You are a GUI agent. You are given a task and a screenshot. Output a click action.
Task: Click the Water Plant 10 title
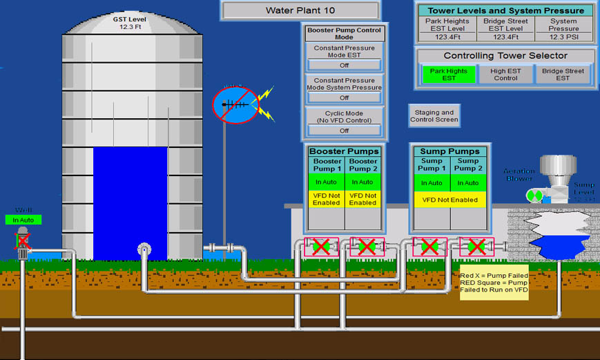300,10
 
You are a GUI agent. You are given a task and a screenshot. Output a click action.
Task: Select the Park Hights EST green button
448,75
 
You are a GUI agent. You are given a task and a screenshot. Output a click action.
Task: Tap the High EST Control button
505,75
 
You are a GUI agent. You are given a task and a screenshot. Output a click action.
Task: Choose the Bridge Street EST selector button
563,75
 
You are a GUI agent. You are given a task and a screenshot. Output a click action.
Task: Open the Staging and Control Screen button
433,116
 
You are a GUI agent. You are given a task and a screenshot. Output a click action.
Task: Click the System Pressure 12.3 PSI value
563,37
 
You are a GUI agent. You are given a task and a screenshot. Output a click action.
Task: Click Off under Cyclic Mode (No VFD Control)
344,131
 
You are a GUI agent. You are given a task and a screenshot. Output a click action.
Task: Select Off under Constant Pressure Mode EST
344,65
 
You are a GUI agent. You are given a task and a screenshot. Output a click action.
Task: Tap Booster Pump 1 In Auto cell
327,182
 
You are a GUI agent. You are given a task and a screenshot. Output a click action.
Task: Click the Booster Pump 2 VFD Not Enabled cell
362,199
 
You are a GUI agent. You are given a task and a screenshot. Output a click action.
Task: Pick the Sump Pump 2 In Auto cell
468,182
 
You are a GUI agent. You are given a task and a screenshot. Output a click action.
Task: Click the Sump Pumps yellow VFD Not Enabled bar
450,200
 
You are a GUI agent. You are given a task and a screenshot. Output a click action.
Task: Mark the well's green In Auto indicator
23,220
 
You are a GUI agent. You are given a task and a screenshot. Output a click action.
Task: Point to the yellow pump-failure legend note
494,283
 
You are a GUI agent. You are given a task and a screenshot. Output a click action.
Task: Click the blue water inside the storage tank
130,200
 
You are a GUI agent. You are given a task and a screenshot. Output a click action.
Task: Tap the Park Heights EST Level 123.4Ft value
447,37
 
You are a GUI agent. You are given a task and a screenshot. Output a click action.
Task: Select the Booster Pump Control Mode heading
344,33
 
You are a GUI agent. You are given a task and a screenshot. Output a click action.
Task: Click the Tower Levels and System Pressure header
505,10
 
